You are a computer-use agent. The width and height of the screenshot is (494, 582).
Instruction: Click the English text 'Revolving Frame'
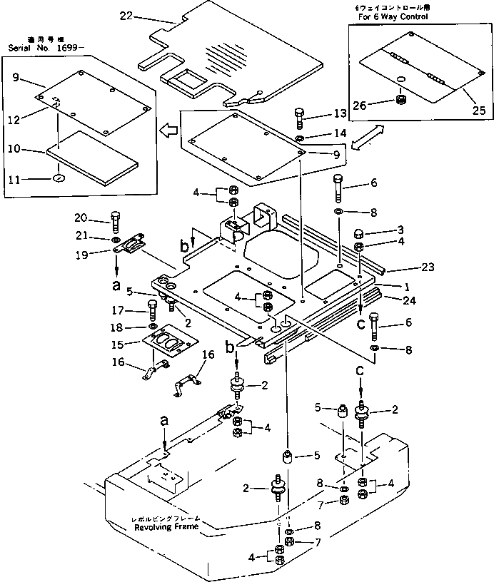(166, 529)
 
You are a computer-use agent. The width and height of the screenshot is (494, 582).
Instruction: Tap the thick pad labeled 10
(93, 158)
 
